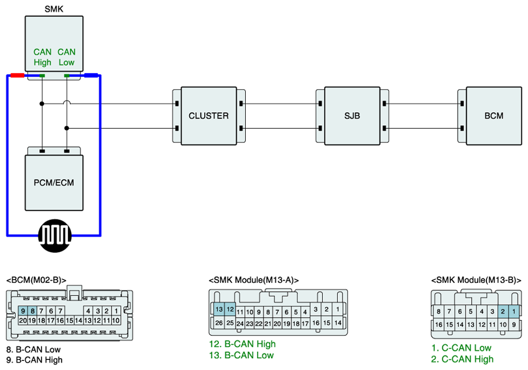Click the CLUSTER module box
(x=209, y=116)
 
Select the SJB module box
(x=352, y=116)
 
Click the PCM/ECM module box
(x=54, y=182)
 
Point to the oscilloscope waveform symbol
(x=54, y=236)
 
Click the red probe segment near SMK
(x=17, y=75)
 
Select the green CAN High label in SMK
(x=43, y=57)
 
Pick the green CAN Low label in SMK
(x=66, y=57)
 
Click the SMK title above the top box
(x=54, y=9)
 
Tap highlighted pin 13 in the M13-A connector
(x=219, y=309)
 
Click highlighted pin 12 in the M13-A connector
(x=230, y=309)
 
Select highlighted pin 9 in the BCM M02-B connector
(x=23, y=310)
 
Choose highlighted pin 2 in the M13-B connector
(x=503, y=312)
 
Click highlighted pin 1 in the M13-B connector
(x=514, y=312)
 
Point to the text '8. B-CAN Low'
(x=33, y=349)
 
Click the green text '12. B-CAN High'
(x=242, y=344)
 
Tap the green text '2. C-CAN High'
(x=462, y=359)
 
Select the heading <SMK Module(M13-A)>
(x=254, y=280)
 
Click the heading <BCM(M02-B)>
(x=36, y=280)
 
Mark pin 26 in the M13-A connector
(x=219, y=323)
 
